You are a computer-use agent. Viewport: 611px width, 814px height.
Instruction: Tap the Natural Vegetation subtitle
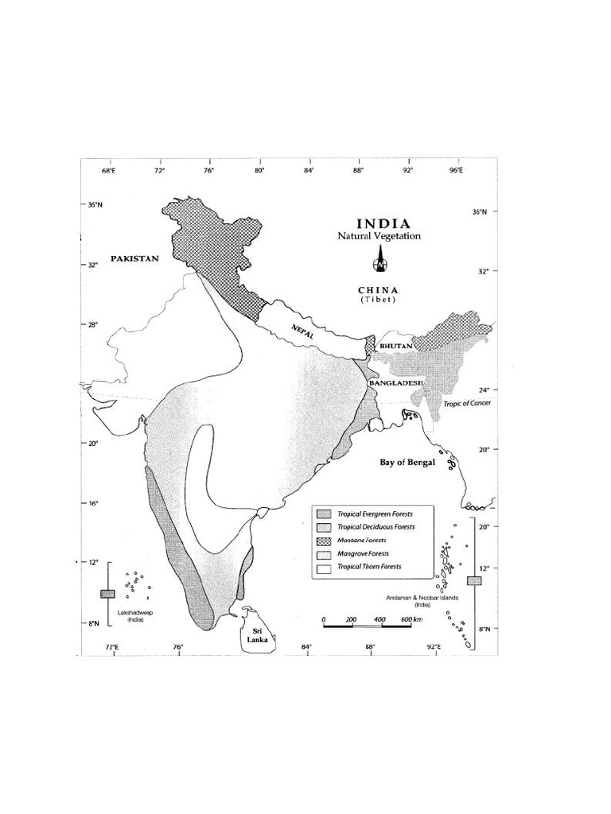[x=379, y=236]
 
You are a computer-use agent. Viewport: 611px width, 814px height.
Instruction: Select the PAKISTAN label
[x=135, y=258]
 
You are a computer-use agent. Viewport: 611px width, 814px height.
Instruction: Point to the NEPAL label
[x=303, y=333]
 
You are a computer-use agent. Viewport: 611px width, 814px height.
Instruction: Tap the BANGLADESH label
[x=395, y=383]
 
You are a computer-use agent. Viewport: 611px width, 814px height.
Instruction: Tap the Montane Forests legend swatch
[x=324, y=540]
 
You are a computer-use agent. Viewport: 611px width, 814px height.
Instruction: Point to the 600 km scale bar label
[x=412, y=619]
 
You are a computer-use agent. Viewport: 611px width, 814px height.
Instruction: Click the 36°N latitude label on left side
[x=95, y=204]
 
